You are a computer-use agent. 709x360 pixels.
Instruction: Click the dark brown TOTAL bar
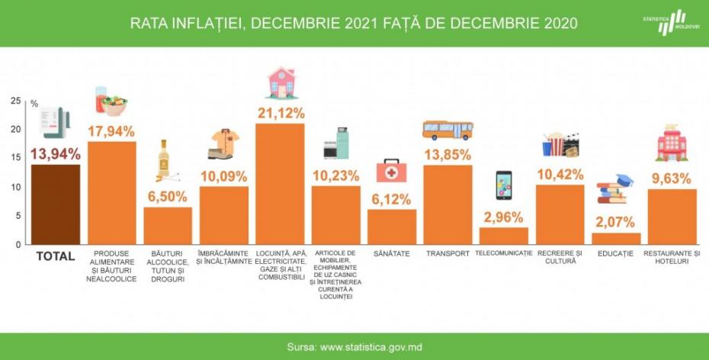tap(55, 204)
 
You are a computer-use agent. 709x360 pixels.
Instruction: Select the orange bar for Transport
tap(448, 204)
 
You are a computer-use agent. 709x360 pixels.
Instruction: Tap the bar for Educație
tap(616, 238)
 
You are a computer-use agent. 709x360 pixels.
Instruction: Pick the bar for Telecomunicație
tap(503, 236)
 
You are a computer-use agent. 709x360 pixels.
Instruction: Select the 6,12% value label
tap(392, 198)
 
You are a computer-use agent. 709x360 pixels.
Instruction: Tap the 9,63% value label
tap(672, 179)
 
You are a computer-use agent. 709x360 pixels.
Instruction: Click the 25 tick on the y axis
tap(15, 101)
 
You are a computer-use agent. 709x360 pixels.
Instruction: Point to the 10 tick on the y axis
tap(15, 187)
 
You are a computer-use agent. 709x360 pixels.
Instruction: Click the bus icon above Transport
tap(448, 130)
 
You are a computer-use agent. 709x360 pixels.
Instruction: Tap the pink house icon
tap(281, 82)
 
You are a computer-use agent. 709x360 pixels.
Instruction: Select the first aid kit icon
tap(391, 170)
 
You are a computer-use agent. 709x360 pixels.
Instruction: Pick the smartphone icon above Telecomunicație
tap(503, 185)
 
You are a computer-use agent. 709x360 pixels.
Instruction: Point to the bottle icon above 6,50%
tap(163, 159)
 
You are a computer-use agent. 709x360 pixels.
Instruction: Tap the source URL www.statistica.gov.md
tap(371, 347)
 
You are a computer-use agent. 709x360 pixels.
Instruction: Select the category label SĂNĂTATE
tap(392, 253)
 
